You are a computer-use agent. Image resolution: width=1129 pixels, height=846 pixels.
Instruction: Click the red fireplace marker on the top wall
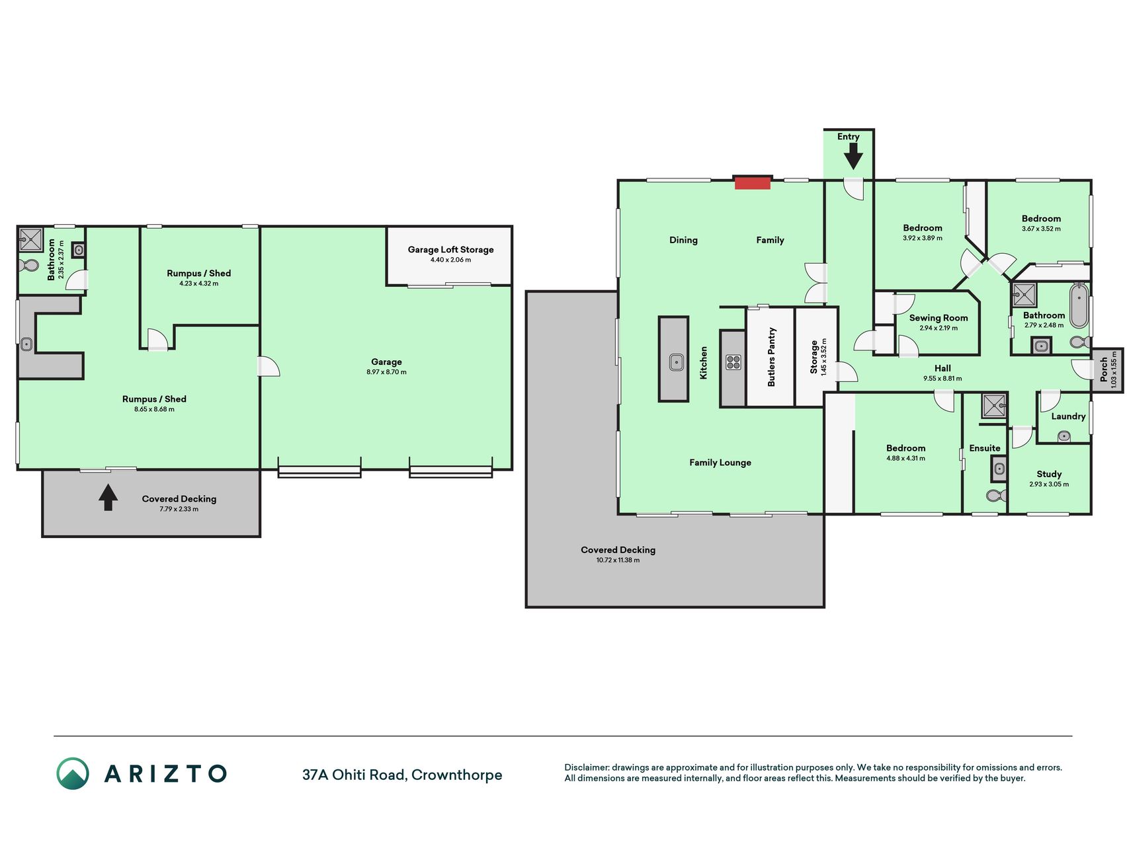(x=753, y=182)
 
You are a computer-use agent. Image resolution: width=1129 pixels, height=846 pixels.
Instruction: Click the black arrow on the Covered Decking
(x=108, y=498)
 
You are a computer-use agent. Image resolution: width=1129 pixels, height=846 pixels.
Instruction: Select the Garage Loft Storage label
(x=450, y=249)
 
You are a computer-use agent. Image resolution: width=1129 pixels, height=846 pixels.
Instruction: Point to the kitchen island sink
(x=676, y=362)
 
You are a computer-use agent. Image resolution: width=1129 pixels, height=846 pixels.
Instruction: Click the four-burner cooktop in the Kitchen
(x=733, y=362)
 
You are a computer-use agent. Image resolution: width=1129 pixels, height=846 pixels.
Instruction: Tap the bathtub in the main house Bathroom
(x=1079, y=305)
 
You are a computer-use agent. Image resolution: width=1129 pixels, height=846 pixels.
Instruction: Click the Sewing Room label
(x=938, y=318)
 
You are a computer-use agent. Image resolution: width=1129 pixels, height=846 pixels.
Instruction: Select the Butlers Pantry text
(x=771, y=357)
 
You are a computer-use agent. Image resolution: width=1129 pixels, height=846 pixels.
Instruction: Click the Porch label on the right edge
(x=1103, y=369)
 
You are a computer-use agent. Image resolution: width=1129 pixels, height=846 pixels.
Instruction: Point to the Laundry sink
(x=1064, y=436)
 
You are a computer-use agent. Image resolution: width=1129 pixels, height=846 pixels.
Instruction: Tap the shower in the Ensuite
(x=993, y=406)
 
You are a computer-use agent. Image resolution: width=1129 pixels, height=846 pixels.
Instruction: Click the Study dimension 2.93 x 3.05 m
(x=1049, y=484)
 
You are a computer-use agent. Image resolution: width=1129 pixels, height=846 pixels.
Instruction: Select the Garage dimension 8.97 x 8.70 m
(x=386, y=372)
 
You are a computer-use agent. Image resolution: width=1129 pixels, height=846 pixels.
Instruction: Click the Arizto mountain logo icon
(x=73, y=773)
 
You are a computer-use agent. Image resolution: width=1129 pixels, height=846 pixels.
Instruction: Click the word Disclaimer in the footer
(x=587, y=767)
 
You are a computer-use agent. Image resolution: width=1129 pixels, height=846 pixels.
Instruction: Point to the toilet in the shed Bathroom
(x=29, y=266)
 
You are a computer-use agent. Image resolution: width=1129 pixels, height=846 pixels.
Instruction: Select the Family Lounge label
(x=720, y=463)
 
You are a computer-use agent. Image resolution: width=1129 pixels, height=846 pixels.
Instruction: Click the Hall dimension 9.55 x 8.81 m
(x=942, y=379)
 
